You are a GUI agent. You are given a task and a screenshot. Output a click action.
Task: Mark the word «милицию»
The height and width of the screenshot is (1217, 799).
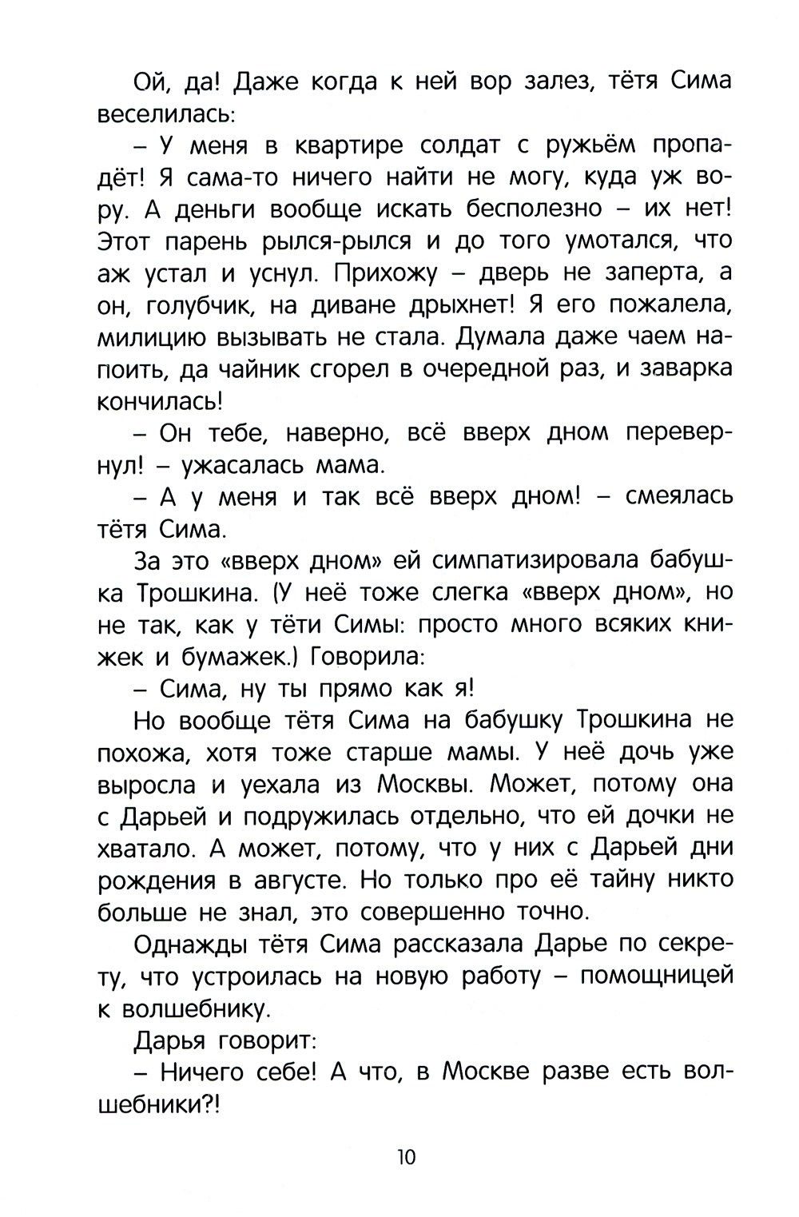coord(152,337)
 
